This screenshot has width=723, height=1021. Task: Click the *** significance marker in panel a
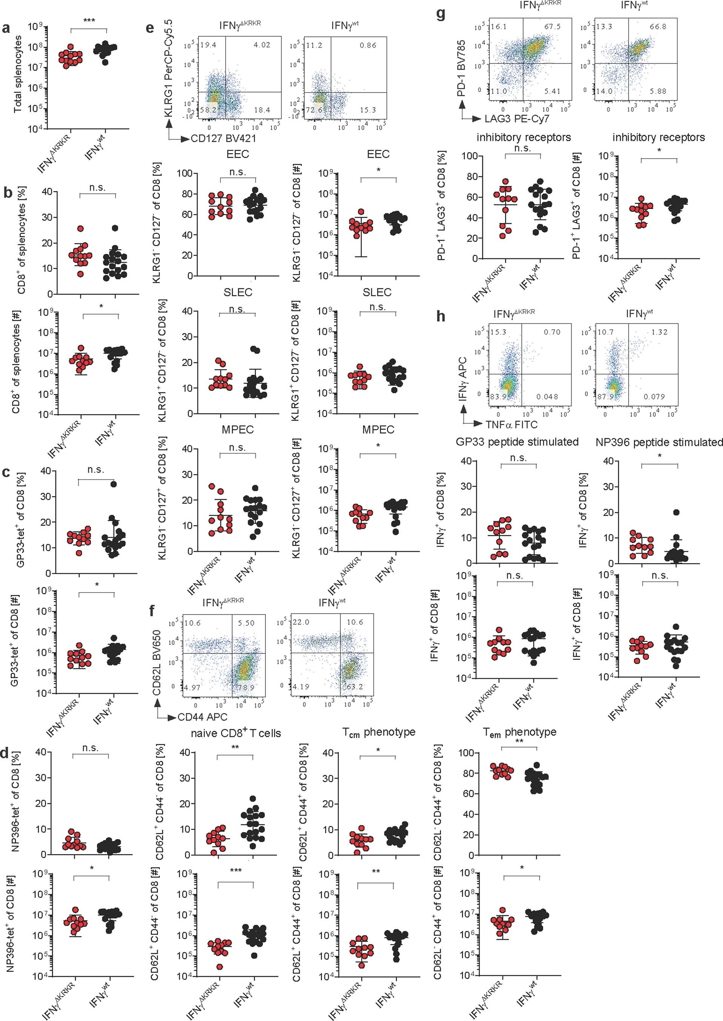89,20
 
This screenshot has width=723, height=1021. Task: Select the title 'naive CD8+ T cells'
235,733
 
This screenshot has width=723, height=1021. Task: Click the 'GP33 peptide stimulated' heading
517,442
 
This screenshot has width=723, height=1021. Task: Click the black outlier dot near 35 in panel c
114,484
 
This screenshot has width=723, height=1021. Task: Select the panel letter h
441,318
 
